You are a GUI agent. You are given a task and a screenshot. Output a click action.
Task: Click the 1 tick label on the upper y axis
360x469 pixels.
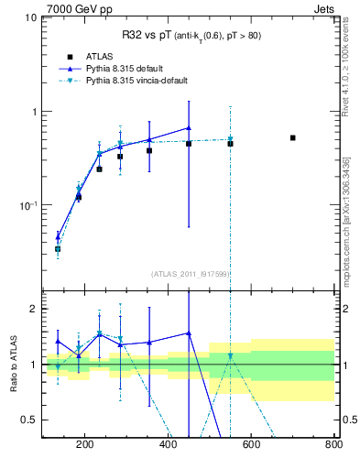[x=33, y=112]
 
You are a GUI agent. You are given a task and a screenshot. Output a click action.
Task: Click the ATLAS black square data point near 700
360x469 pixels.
[x=292, y=138]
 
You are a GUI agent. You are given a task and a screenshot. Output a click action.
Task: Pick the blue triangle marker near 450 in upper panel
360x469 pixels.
[x=189, y=128]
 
